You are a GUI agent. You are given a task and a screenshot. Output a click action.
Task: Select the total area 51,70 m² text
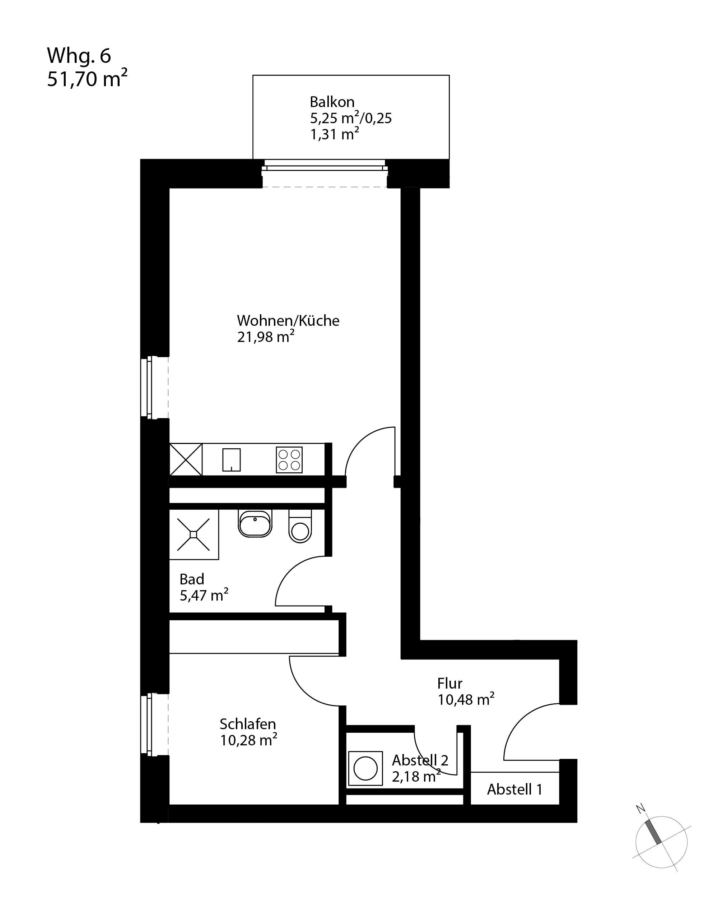click(87, 79)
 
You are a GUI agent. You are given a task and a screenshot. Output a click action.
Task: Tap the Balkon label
click(332, 102)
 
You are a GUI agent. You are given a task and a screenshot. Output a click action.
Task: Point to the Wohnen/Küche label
click(288, 320)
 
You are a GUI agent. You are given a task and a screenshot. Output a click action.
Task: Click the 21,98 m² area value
click(266, 337)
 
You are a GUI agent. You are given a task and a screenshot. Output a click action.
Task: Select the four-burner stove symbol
click(289, 460)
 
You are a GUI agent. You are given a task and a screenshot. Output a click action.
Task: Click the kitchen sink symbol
click(232, 460)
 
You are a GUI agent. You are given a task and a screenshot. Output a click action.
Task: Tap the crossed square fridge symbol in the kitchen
click(186, 459)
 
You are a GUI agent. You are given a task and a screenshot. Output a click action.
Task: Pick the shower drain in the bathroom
click(194, 534)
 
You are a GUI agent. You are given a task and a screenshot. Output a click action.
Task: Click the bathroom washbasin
click(255, 524)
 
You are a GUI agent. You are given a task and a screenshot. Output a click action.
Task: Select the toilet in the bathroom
click(300, 527)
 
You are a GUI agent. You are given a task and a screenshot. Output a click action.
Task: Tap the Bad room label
click(192, 579)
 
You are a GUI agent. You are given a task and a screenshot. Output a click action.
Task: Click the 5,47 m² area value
click(204, 595)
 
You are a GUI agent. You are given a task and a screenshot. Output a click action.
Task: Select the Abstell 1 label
click(515, 789)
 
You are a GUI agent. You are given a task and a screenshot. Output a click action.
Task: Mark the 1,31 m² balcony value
click(335, 134)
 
